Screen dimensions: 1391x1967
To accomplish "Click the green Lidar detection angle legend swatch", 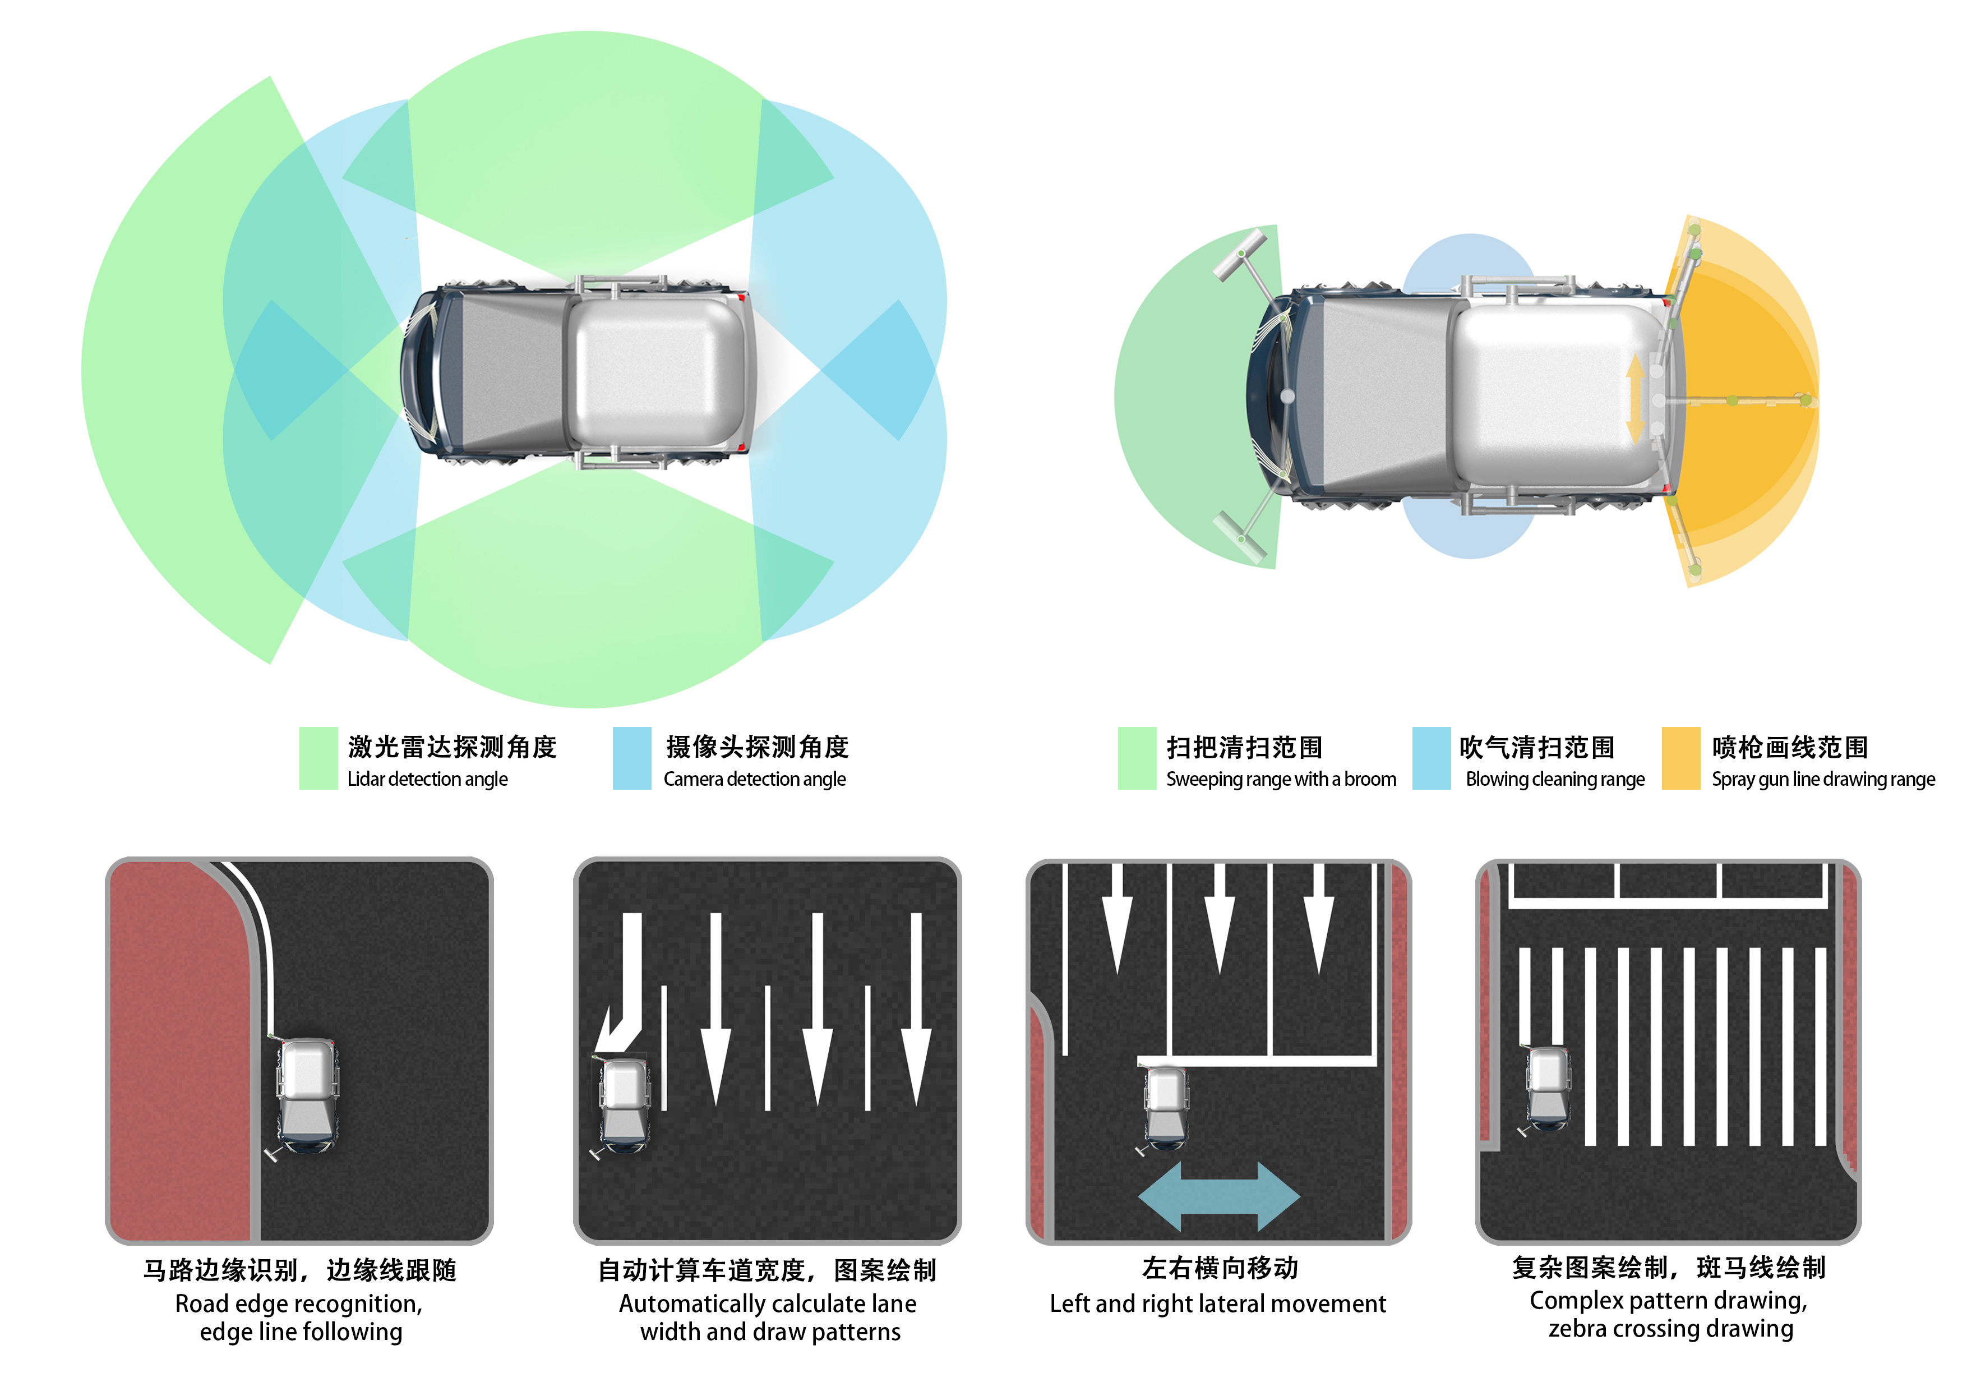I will pos(318,758).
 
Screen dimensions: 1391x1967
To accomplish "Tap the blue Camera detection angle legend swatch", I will pos(632,758).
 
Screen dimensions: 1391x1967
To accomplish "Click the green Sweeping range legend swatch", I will pos(1137,758).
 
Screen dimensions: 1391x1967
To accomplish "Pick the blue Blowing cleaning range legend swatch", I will pos(1431,758).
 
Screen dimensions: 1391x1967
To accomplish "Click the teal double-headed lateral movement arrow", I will pos(1218,1196).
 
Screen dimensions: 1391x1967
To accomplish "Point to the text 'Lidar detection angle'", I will pos(427,779).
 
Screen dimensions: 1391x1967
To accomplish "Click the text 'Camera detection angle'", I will pos(754,779).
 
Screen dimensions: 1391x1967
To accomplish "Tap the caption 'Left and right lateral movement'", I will pos(1217,1304).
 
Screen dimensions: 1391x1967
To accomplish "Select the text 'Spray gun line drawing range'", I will pos(1823,779).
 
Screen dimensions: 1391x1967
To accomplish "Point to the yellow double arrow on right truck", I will pos(1634,399).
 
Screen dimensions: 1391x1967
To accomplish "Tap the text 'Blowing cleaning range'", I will pos(1555,779).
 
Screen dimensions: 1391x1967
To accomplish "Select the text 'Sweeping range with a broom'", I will pos(1281,779).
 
